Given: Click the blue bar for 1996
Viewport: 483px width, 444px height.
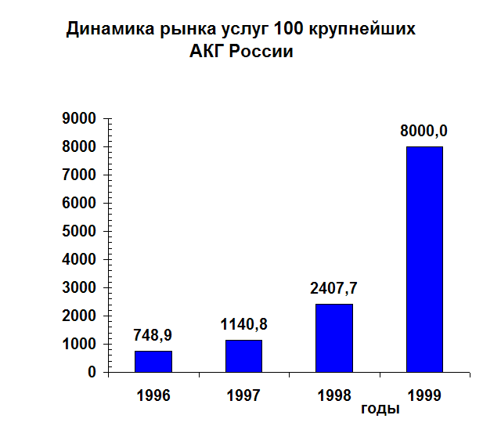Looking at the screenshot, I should (x=153, y=361).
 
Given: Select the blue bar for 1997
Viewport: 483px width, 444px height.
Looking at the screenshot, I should (x=243, y=356).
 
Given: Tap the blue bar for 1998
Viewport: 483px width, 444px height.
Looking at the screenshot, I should (x=334, y=338).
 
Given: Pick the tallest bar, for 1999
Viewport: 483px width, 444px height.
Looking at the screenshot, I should (x=424, y=259).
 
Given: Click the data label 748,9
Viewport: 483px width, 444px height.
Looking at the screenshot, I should (x=153, y=335).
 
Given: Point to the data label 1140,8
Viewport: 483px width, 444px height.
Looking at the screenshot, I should (x=243, y=323).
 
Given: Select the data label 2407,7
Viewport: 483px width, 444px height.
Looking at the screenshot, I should (x=334, y=287).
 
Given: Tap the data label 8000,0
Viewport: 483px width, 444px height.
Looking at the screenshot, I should (x=424, y=131).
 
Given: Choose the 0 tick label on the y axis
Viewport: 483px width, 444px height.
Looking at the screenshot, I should (x=92, y=373).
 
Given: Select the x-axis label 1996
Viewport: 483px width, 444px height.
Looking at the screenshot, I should (x=153, y=395).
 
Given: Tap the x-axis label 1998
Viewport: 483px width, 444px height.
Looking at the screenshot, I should (x=334, y=395).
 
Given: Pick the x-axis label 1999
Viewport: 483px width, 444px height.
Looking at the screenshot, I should (x=424, y=395).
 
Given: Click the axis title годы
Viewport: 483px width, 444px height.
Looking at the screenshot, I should (x=380, y=409).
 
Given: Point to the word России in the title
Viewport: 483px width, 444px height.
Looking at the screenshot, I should (x=261, y=52).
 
